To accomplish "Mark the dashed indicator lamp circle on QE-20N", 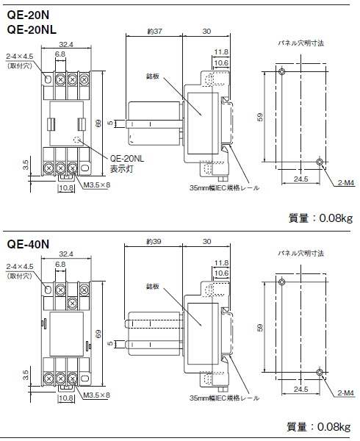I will coord(77,140).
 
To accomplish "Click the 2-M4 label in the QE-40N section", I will coord(345,393).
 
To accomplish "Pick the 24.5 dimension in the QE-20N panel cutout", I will coord(300,179).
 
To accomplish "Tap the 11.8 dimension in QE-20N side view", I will coord(221,51).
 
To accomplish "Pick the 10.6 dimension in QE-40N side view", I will coord(221,272).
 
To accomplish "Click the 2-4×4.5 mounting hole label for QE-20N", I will coord(19,56).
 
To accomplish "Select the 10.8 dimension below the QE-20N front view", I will coord(65,188).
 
